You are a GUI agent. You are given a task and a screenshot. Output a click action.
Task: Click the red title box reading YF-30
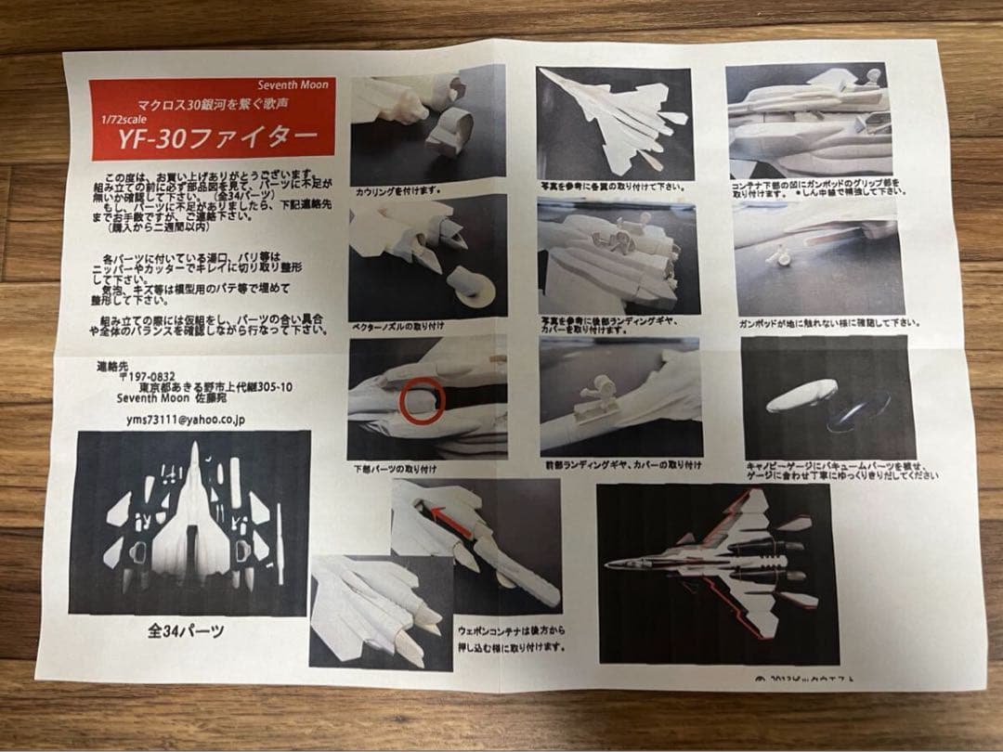[x=212, y=119]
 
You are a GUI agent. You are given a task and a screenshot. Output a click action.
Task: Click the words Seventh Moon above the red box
[x=294, y=85]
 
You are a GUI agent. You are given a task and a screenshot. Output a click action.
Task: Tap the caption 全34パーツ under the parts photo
[x=185, y=631]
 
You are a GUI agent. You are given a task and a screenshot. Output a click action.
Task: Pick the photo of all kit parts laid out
[x=189, y=524]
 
